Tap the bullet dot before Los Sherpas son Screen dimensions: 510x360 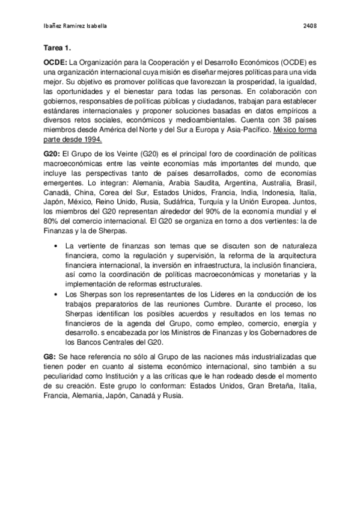pyautogui.click(x=56, y=294)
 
